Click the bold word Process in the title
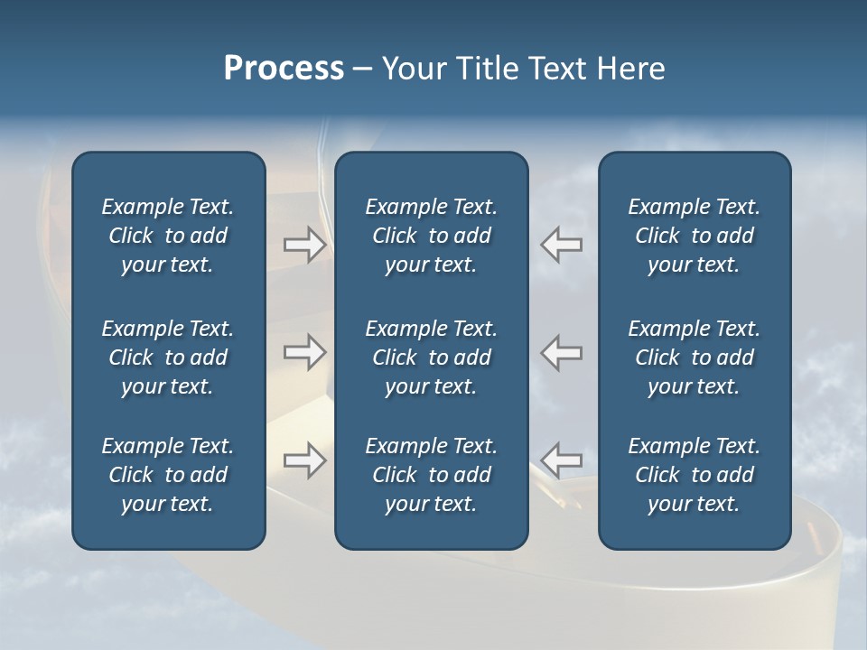(284, 69)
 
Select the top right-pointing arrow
(304, 245)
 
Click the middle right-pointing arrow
(304, 352)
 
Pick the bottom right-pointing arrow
(304, 460)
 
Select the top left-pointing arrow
(562, 245)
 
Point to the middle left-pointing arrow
(562, 352)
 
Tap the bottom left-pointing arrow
(562, 460)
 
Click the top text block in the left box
(168, 236)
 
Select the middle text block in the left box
(168, 357)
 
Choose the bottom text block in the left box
(168, 475)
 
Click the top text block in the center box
(431, 236)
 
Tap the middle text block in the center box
(431, 357)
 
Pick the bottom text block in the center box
(431, 475)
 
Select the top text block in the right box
(694, 236)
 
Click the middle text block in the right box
(694, 357)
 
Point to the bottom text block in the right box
(694, 475)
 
